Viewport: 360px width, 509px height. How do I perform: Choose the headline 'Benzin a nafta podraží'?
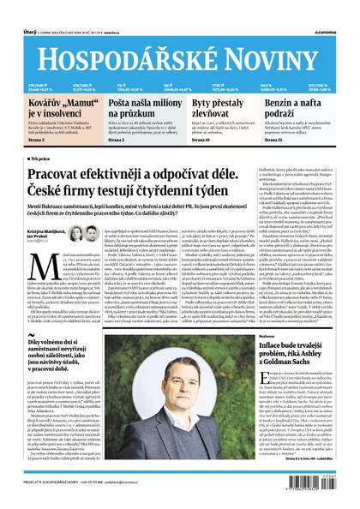point(304,107)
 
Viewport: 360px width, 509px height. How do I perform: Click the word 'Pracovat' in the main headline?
point(64,174)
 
